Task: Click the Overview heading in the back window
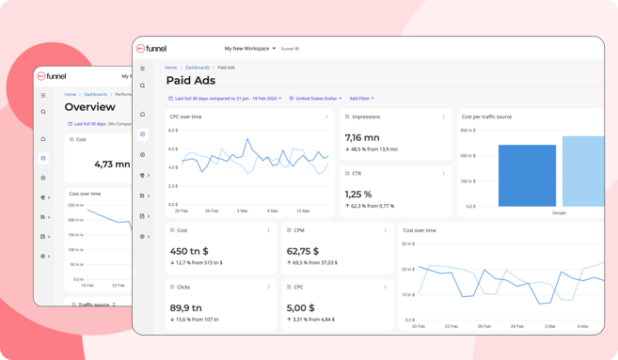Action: coord(89,107)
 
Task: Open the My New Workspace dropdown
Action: coord(249,48)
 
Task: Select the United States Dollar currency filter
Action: coord(315,98)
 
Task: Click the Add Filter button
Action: coord(361,98)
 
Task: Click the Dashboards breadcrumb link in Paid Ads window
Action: coord(197,68)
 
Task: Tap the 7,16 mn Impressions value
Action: coord(363,137)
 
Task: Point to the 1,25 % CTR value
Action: coord(358,194)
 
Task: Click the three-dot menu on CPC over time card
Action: coord(326,117)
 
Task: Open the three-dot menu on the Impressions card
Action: coord(443,117)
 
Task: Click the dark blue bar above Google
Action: coord(527,175)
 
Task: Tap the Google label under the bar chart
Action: coord(559,213)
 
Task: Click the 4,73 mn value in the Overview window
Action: coord(112,164)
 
